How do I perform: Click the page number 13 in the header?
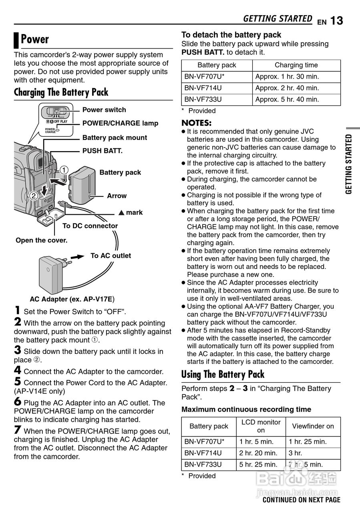coord(337,20)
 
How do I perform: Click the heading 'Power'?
coord(35,39)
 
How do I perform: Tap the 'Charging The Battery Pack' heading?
coord(61,92)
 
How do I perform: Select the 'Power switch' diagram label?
coord(104,110)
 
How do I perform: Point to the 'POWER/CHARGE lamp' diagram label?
coord(120,123)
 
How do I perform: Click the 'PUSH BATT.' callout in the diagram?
coord(102,151)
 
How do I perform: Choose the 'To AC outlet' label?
coord(111,256)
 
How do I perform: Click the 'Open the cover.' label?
coord(41,240)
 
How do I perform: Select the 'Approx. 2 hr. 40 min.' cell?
coord(287,88)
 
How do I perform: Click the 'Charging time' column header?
coord(296,65)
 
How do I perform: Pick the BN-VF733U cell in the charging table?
coord(203,99)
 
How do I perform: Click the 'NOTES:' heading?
coord(196,123)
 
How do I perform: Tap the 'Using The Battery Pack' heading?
coord(223,374)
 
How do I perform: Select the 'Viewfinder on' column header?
coord(313,426)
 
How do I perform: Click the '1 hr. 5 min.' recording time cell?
coord(256,442)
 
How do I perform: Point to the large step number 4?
coord(18,370)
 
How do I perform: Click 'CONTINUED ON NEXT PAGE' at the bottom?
coord(301,500)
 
